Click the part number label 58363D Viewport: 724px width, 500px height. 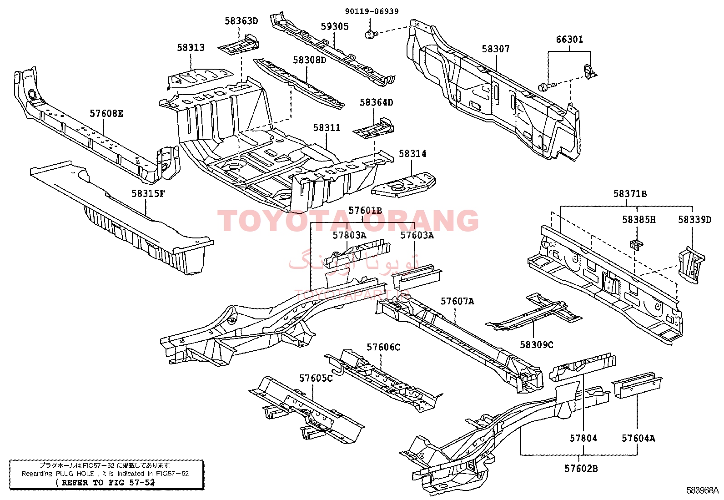tap(241, 20)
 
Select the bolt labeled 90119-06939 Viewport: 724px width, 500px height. tap(370, 34)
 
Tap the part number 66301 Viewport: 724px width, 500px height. tap(569, 40)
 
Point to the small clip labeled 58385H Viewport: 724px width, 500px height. tap(636, 243)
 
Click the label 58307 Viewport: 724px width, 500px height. tap(496, 49)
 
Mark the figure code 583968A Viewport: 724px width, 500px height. tap(703, 490)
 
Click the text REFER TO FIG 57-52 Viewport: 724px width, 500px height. tap(105, 482)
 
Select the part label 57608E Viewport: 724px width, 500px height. tap(106, 113)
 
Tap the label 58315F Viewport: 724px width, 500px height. tap(148, 193)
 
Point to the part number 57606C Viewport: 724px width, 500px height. tap(383, 348)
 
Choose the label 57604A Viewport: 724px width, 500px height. tap(639, 438)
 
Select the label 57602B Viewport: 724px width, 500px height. tap(581, 468)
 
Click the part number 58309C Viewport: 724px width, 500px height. tap(537, 344)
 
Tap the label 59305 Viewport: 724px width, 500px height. tap(335, 26)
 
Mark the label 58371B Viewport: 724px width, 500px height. tap(630, 194)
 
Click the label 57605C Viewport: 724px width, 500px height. tap(316, 378)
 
